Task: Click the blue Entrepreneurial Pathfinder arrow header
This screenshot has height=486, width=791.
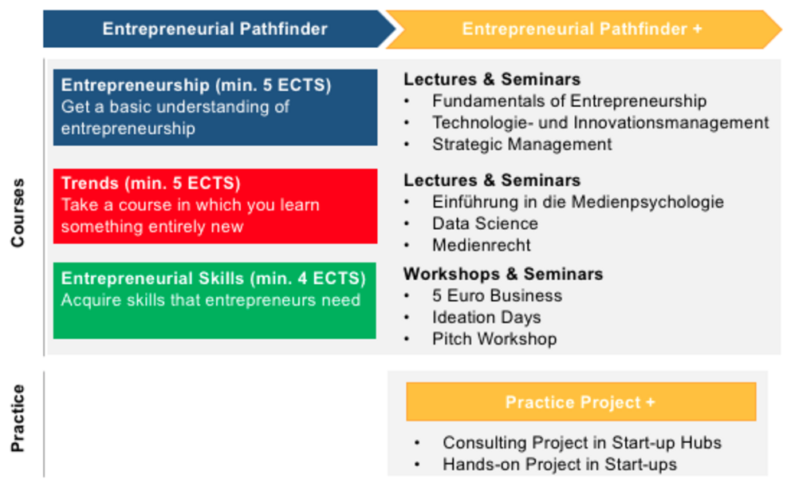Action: click(217, 30)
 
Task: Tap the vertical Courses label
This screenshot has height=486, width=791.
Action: click(18, 212)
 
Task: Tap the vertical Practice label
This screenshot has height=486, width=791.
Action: click(18, 418)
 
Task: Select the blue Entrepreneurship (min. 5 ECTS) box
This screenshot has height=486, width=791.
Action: click(215, 108)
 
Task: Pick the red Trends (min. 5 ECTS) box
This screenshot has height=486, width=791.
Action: click(215, 206)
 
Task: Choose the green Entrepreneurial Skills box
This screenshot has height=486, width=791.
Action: click(215, 300)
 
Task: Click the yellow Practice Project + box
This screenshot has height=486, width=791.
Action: click(581, 401)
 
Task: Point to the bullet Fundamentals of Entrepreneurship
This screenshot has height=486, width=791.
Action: click(569, 101)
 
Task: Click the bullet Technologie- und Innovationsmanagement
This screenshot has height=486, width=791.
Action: click(600, 123)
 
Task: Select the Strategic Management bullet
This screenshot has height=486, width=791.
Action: click(521, 144)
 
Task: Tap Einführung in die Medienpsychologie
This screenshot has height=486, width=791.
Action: click(577, 202)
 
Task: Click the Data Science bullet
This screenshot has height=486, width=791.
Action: click(485, 223)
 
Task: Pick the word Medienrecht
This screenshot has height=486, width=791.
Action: click(482, 245)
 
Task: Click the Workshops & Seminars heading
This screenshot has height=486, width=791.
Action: click(503, 274)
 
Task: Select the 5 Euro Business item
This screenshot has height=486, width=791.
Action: click(497, 296)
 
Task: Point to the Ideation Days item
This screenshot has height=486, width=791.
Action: click(486, 318)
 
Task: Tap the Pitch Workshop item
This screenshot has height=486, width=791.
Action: click(494, 339)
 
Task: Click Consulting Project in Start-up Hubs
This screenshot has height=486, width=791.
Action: click(581, 443)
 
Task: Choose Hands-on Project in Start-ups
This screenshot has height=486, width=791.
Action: click(560, 464)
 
